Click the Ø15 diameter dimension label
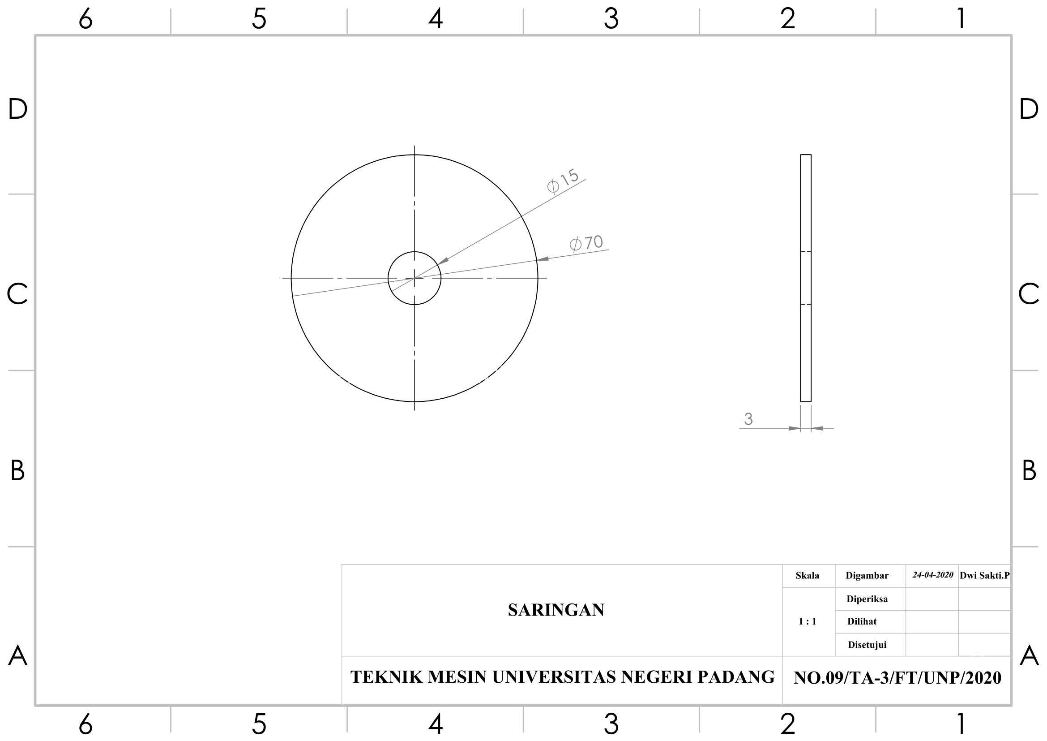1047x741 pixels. point(563,181)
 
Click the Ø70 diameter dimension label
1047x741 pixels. point(586,243)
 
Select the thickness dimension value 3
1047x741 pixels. point(748,419)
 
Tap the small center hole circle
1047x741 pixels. point(415,252)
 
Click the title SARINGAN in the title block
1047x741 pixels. point(556,610)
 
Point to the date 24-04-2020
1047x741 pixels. point(932,575)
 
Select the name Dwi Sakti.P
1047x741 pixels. point(984,575)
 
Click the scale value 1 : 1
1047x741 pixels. point(807,621)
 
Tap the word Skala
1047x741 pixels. point(807,575)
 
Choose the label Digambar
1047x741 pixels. point(867,576)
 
